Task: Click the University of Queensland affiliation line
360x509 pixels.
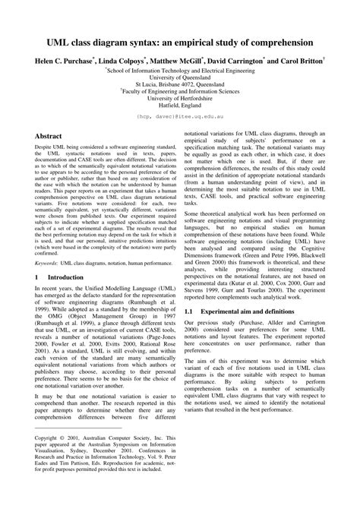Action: (x=180, y=77)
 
